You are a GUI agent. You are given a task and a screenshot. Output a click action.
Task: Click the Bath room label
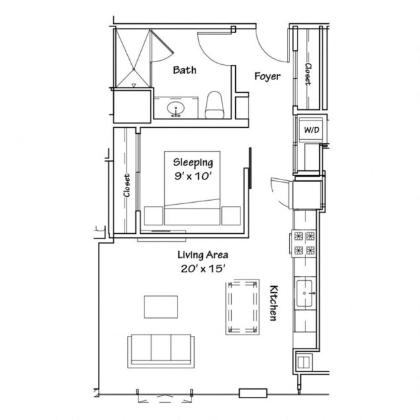click(x=184, y=70)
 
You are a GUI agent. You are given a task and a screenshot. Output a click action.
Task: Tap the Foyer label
click(x=268, y=77)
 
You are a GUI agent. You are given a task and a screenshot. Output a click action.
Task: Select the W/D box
click(x=311, y=131)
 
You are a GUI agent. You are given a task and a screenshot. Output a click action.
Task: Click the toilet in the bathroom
click(x=215, y=104)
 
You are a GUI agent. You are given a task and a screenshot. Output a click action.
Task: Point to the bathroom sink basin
click(x=176, y=107)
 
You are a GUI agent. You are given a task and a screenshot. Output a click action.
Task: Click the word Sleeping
click(x=193, y=162)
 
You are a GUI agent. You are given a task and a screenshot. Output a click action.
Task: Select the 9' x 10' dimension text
click(x=193, y=177)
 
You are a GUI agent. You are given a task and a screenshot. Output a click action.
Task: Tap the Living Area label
click(x=202, y=255)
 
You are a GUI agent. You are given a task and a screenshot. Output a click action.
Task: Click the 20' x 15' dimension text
click(x=202, y=269)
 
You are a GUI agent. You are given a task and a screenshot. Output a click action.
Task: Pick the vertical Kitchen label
click(x=272, y=305)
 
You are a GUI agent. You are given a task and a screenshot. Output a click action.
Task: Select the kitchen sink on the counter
click(x=305, y=291)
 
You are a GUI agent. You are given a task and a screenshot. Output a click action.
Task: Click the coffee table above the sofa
click(x=161, y=307)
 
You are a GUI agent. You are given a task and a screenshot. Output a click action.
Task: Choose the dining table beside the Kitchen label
click(x=241, y=306)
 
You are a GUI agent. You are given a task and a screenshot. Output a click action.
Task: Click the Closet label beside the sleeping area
click(x=126, y=185)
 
